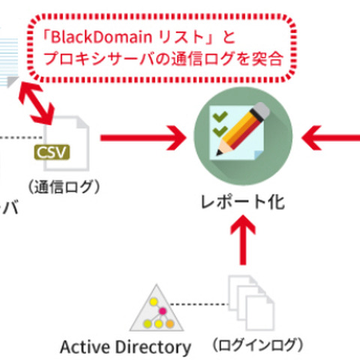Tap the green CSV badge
52,153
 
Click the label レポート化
241,202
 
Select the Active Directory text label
125,347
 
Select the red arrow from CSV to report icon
142,137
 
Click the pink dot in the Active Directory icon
160,310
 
